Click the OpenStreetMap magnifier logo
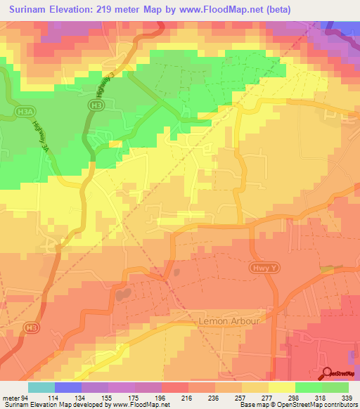(x=328, y=374)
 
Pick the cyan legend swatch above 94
(x=41, y=387)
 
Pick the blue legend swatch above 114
(x=68, y=387)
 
